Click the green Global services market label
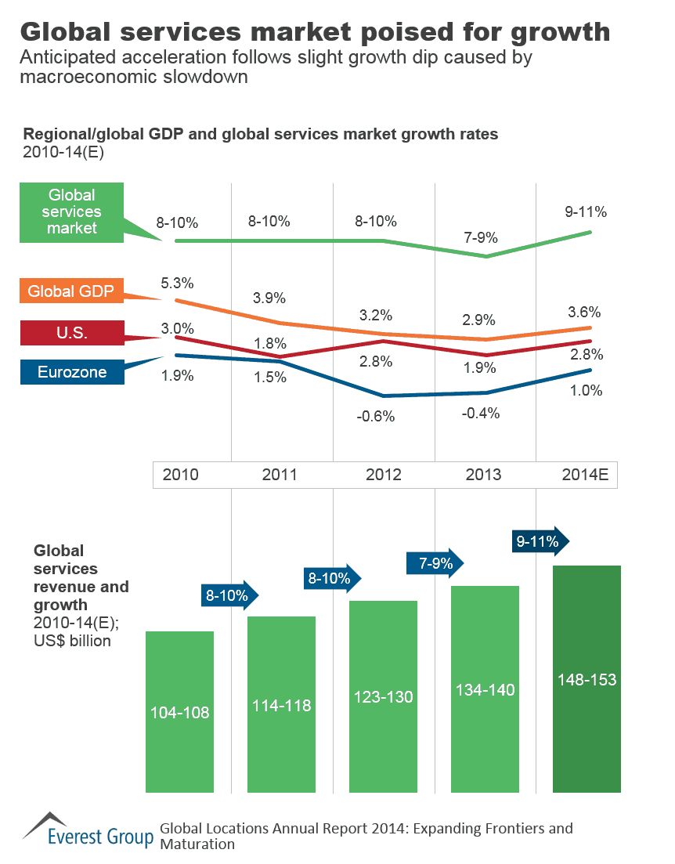click(72, 211)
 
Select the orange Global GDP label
click(71, 292)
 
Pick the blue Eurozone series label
click(71, 372)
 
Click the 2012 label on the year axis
click(384, 475)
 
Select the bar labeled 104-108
click(180, 711)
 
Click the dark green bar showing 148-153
click(587, 678)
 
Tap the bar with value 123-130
click(383, 696)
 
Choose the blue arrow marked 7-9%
click(434, 562)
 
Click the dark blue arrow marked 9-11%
click(540, 540)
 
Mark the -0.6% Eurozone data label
click(375, 417)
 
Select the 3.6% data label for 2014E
click(585, 311)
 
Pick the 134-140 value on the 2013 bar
click(485, 689)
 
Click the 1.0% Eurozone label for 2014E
click(587, 390)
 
